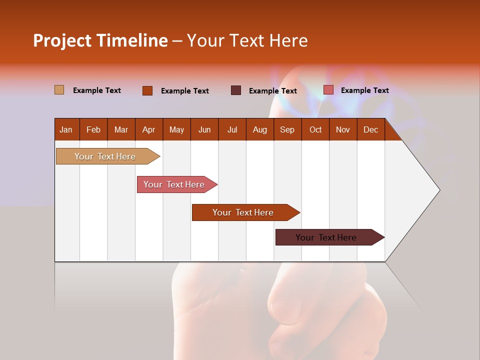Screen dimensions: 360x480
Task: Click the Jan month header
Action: pyautogui.click(x=66, y=129)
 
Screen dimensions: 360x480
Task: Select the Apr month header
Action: pyautogui.click(x=148, y=129)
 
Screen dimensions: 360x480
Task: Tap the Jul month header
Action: pyautogui.click(x=232, y=129)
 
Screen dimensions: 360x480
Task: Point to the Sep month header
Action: pyautogui.click(x=287, y=129)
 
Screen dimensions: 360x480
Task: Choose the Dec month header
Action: pyautogui.click(x=370, y=129)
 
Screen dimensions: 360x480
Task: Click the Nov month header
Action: pyautogui.click(x=342, y=129)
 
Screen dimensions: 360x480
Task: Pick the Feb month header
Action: pyautogui.click(x=93, y=129)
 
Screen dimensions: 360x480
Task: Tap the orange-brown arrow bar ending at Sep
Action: pyautogui.click(x=243, y=212)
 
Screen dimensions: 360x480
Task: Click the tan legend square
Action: pyautogui.click(x=59, y=90)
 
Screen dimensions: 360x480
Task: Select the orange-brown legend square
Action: pyautogui.click(x=147, y=90)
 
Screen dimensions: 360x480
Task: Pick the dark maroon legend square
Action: pyautogui.click(x=236, y=90)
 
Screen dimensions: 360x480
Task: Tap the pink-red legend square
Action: pyautogui.click(x=328, y=90)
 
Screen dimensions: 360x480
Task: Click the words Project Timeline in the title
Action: pyautogui.click(x=100, y=40)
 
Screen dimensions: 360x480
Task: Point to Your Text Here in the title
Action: pyautogui.click(x=247, y=40)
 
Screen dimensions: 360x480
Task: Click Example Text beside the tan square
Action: pyautogui.click(x=96, y=90)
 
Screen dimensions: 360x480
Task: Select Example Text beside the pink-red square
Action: pyautogui.click(x=364, y=90)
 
